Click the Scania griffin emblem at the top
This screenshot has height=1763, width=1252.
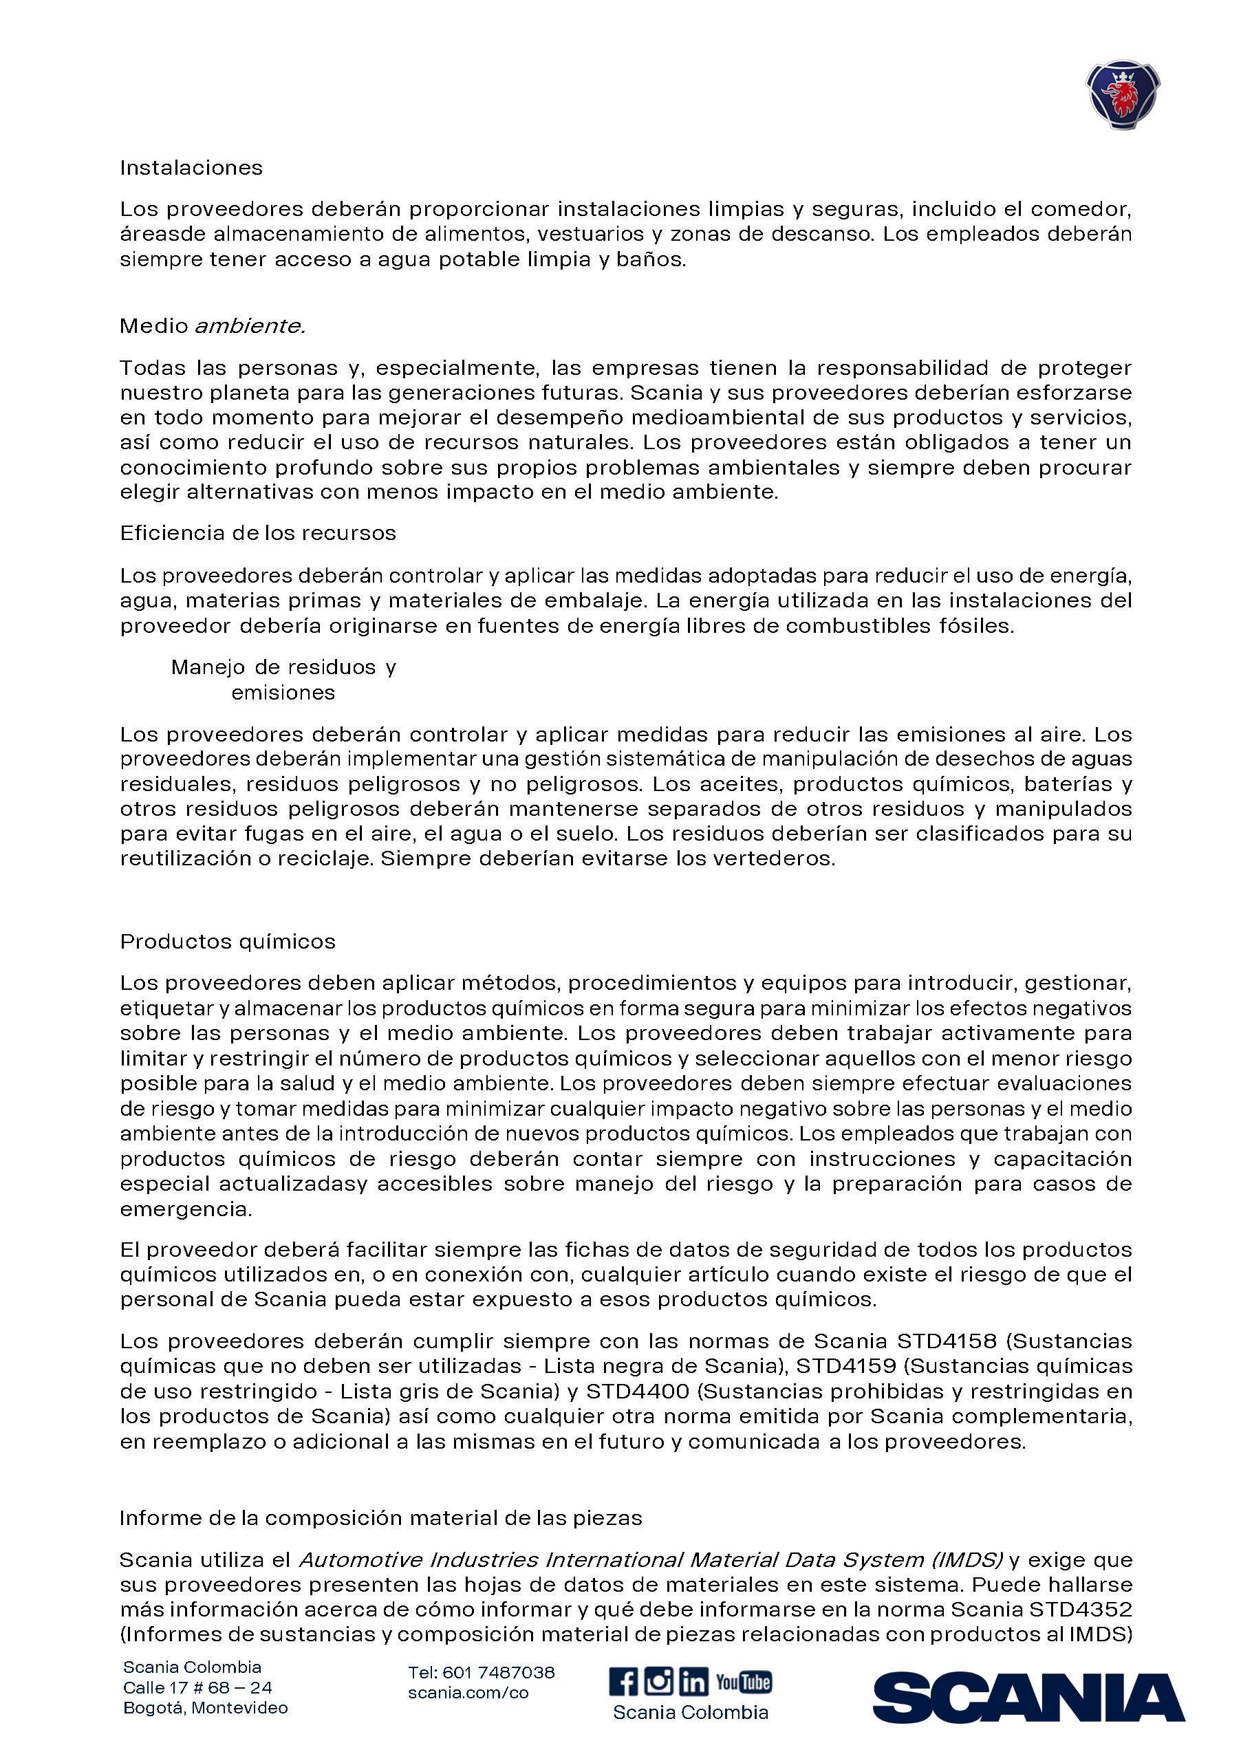(x=1123, y=94)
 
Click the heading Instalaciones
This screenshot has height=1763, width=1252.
(x=191, y=167)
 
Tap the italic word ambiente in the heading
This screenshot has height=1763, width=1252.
(x=249, y=325)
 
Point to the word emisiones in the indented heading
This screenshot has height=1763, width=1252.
(x=283, y=692)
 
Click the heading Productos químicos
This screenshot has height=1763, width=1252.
(x=228, y=941)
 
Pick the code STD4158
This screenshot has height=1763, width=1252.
(x=947, y=1341)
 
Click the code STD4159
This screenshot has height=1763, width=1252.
(x=845, y=1365)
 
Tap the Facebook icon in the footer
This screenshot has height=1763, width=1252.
(x=623, y=1681)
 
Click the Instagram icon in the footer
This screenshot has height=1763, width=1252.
(x=658, y=1680)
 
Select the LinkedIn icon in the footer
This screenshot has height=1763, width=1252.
(x=693, y=1681)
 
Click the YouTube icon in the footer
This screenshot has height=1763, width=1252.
(x=743, y=1682)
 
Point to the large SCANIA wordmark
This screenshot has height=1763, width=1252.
(x=1028, y=1697)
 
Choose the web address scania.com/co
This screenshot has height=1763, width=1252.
(x=468, y=1692)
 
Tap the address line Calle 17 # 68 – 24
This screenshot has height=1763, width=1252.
(x=197, y=1687)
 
